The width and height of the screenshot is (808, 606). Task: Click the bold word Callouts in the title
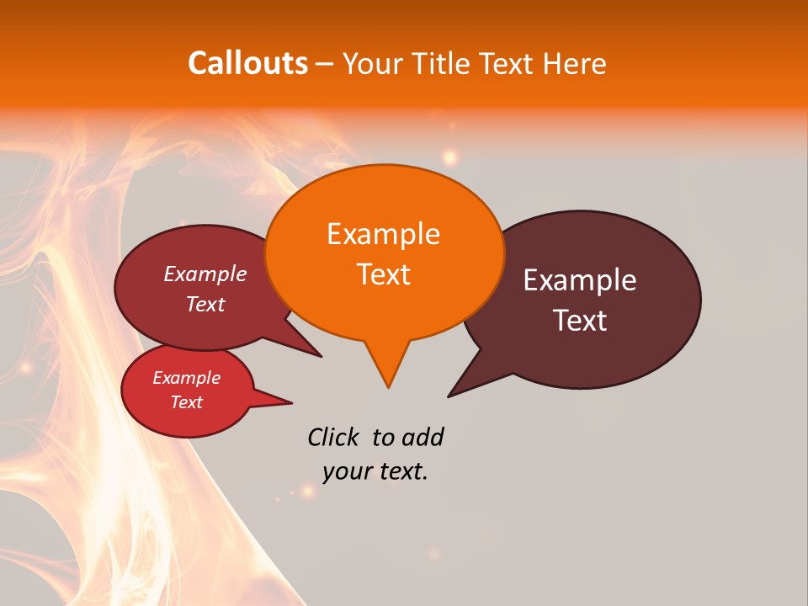(x=247, y=63)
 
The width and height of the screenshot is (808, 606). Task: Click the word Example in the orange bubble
(x=383, y=234)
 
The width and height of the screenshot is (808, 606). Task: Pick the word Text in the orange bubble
(x=383, y=274)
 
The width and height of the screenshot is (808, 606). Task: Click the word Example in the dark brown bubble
(x=580, y=280)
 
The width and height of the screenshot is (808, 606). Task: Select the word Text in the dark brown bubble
(x=580, y=321)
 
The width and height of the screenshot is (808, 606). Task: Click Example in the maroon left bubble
(x=205, y=274)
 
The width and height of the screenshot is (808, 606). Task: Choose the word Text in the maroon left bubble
(x=205, y=304)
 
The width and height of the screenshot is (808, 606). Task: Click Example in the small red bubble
(x=187, y=378)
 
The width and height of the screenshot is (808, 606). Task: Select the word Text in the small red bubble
(x=187, y=402)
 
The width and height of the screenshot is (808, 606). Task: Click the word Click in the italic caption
(x=332, y=437)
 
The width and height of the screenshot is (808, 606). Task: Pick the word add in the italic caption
(x=422, y=437)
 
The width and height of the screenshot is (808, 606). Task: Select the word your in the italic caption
(x=346, y=471)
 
